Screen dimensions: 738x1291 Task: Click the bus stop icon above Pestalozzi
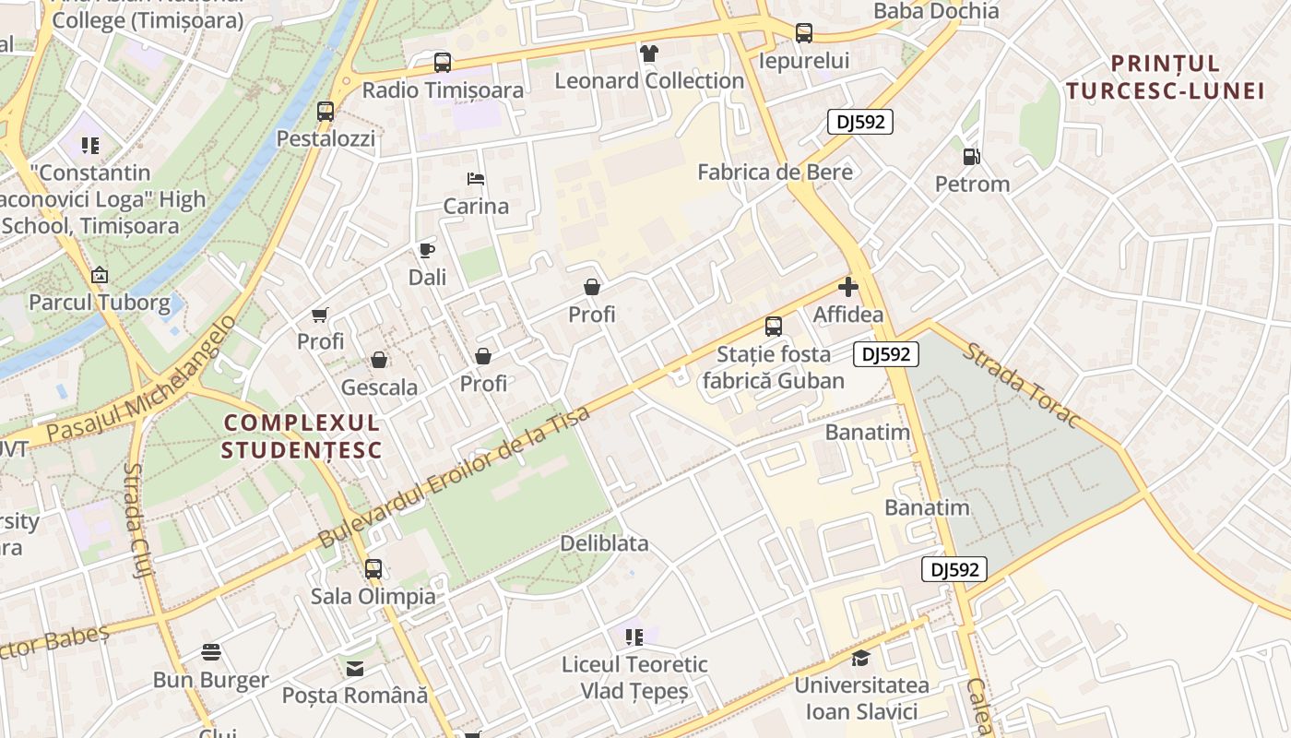click(x=326, y=112)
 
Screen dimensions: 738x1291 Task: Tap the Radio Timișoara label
click(x=443, y=90)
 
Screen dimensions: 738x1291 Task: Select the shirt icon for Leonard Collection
click(x=649, y=54)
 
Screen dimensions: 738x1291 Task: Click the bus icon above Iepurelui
click(x=804, y=33)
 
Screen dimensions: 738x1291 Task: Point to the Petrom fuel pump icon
click(x=972, y=157)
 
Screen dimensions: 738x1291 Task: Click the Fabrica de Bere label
click(x=775, y=172)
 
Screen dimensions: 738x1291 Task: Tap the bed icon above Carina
click(x=476, y=178)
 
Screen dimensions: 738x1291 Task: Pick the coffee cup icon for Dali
click(x=426, y=250)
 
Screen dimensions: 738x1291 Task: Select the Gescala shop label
click(x=379, y=387)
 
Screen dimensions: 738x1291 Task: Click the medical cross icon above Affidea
click(x=848, y=287)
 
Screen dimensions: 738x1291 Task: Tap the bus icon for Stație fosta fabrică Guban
click(x=773, y=326)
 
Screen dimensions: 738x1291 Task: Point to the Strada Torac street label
click(x=1021, y=386)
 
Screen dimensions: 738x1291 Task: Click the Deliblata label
click(x=604, y=543)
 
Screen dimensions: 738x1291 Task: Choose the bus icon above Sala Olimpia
click(x=373, y=568)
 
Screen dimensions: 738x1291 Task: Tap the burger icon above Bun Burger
click(x=211, y=652)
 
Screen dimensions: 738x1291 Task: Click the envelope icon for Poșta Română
click(x=355, y=668)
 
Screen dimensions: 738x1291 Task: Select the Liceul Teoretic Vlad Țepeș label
click(x=634, y=677)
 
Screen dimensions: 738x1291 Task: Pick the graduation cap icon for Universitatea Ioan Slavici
click(x=860, y=658)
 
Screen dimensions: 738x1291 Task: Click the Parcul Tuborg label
click(x=100, y=303)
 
